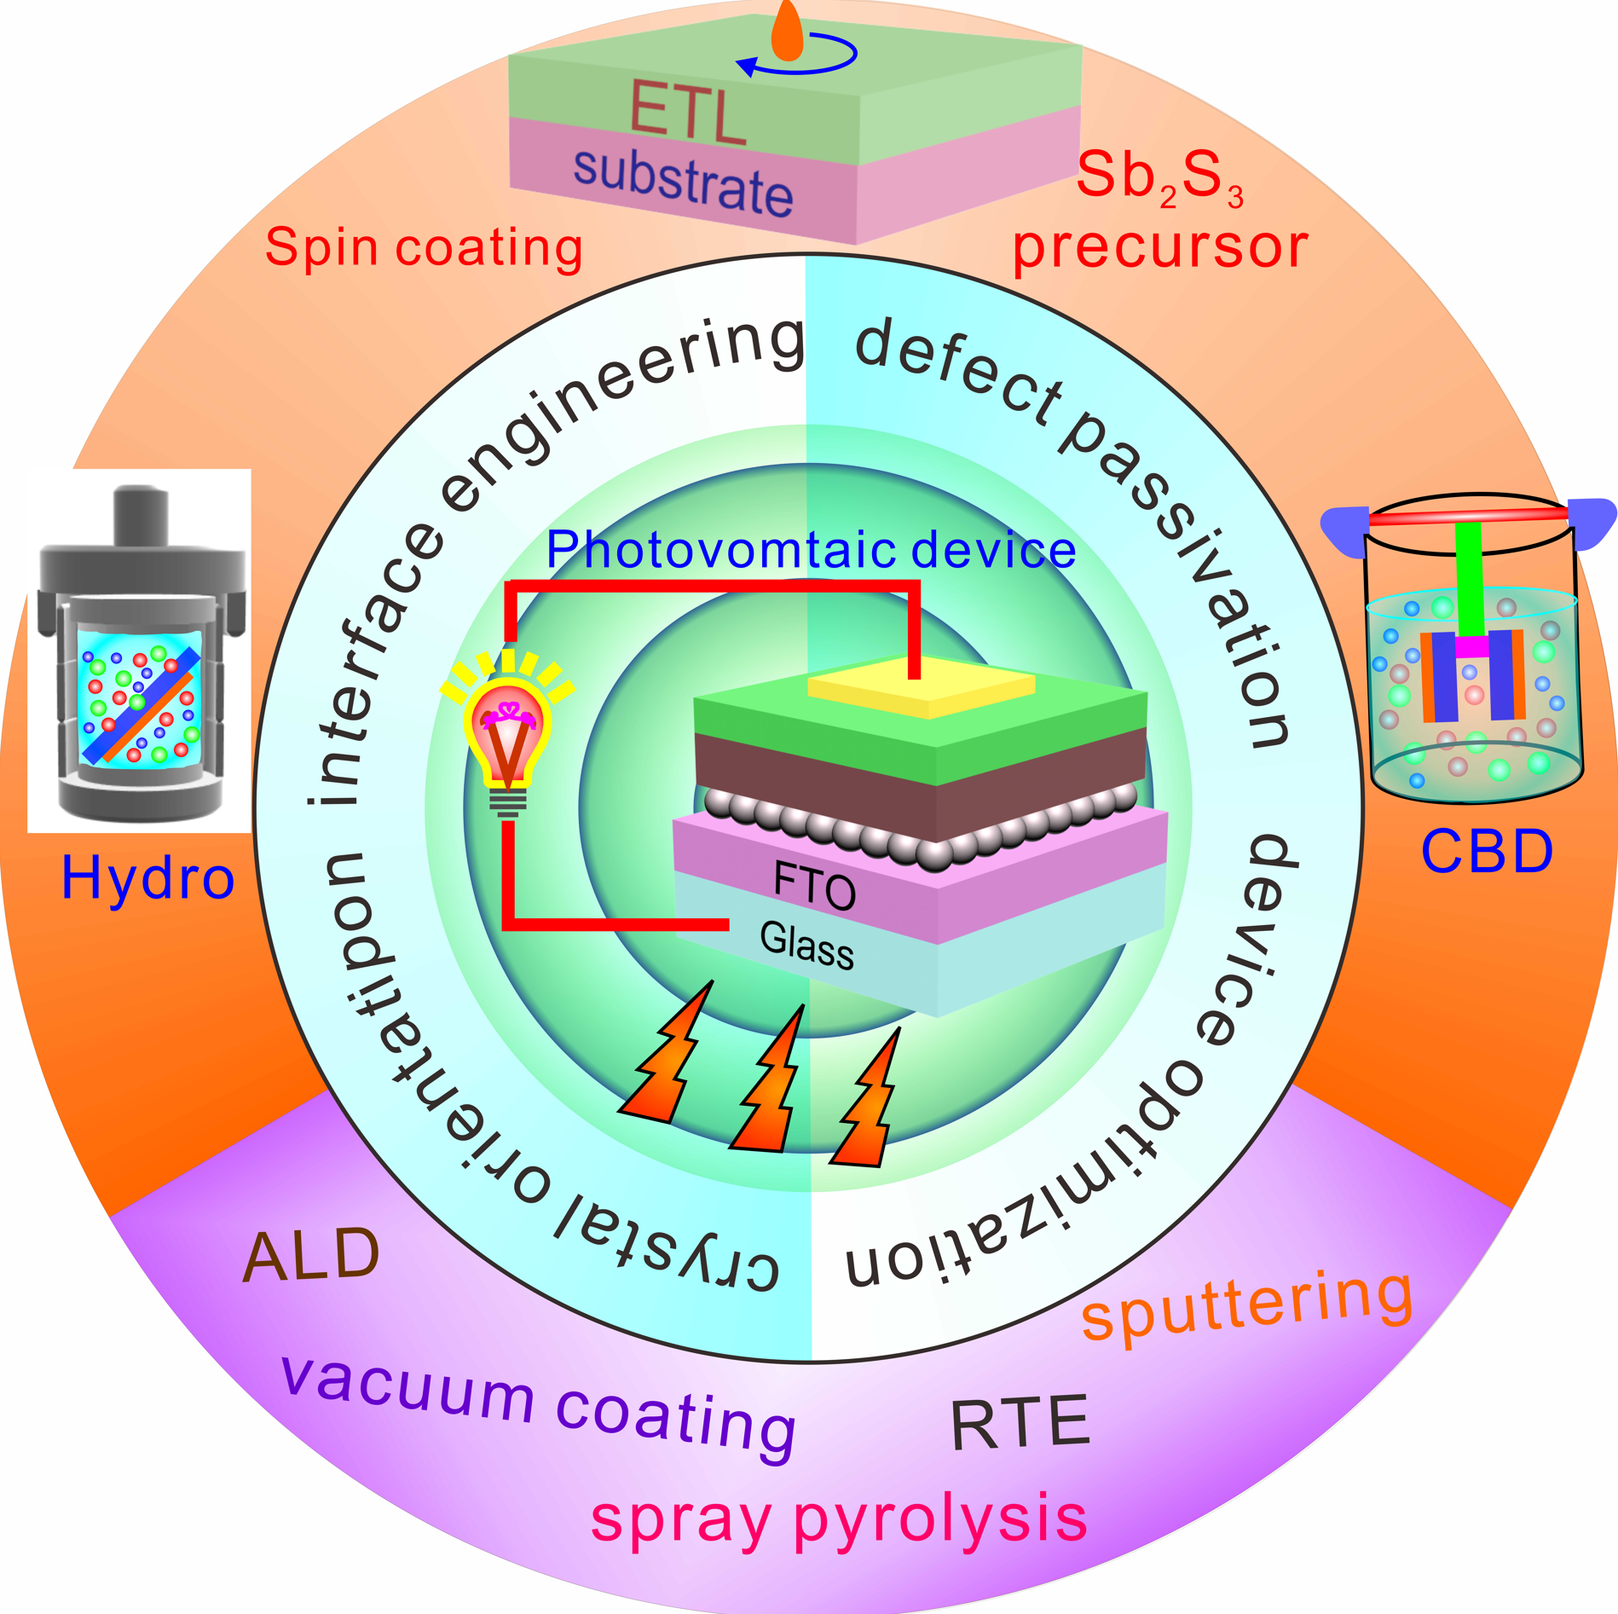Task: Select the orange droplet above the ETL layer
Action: pos(787,32)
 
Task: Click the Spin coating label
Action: pos(424,247)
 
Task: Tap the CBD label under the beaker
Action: pos(1487,851)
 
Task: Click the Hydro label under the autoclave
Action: pos(147,878)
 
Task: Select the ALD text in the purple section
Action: pos(311,1255)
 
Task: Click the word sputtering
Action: pos(1246,1305)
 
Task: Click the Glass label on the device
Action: pos(806,945)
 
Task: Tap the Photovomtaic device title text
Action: pos(811,550)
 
